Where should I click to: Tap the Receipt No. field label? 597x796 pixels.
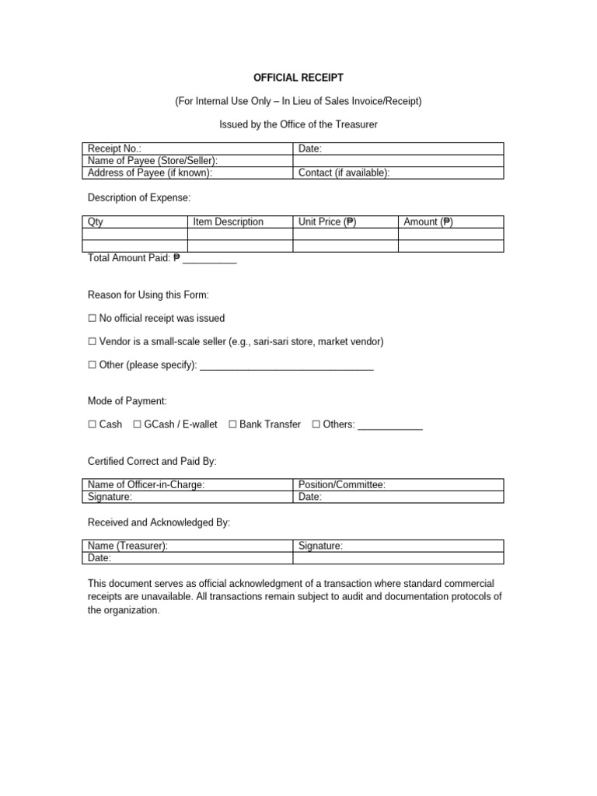coord(115,148)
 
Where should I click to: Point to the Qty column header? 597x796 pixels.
coord(96,222)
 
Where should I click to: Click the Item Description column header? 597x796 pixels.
coord(229,222)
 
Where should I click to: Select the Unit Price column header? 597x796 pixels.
coord(327,222)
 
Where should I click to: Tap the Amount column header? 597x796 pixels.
coord(428,222)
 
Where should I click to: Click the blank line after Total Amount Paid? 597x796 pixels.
coord(210,259)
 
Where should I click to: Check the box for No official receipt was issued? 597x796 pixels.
coord(93,318)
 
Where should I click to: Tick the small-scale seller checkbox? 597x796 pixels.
coord(93,341)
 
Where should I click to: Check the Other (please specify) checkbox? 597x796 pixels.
coord(93,365)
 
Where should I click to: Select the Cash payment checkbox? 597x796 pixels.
coord(93,424)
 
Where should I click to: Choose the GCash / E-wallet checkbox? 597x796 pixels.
coord(138,424)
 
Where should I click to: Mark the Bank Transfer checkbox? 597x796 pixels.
coord(232,424)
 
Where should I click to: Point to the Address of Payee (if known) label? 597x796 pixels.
coord(150,173)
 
